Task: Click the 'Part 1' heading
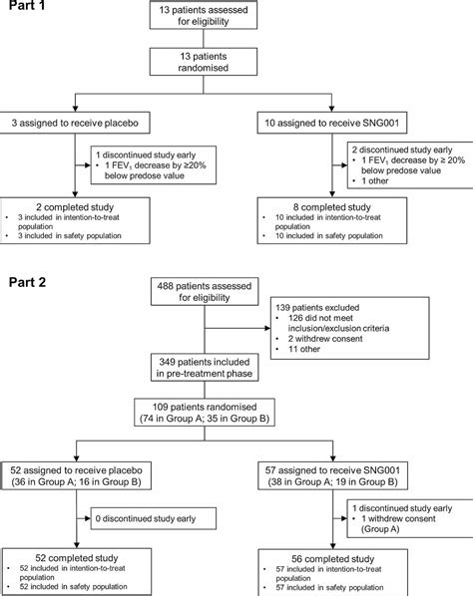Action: click(x=27, y=11)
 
